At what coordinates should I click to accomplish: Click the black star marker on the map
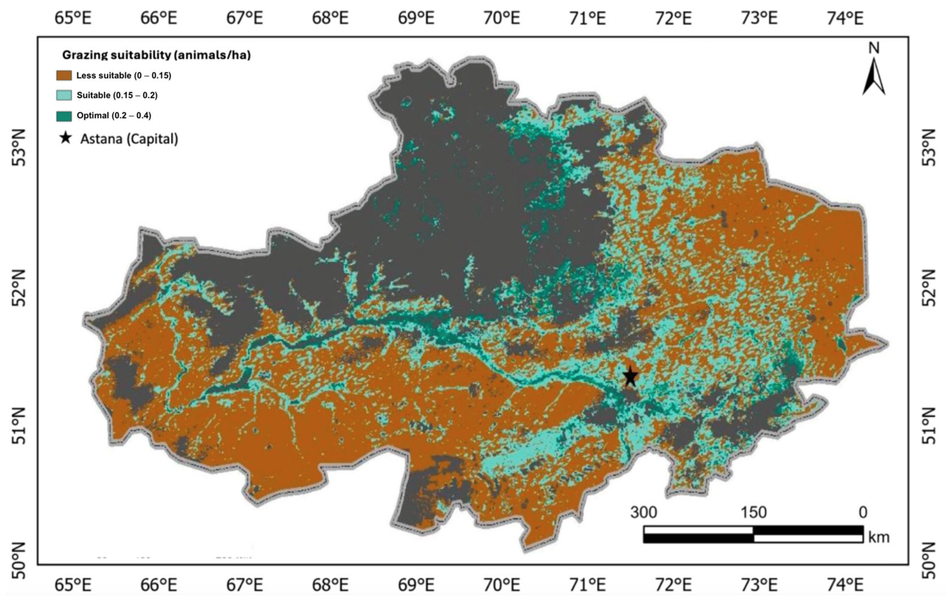pos(630,376)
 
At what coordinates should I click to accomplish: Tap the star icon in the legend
pos(66,138)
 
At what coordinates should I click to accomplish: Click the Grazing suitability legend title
pos(156,55)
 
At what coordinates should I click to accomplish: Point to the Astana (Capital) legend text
pos(129,139)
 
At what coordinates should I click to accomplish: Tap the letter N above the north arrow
pos(874,48)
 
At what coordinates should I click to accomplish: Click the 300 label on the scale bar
pos(644,512)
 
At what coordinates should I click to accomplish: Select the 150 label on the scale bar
pos(753,512)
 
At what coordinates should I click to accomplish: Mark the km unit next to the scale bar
pos(878,537)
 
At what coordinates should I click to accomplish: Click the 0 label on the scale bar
pos(863,512)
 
